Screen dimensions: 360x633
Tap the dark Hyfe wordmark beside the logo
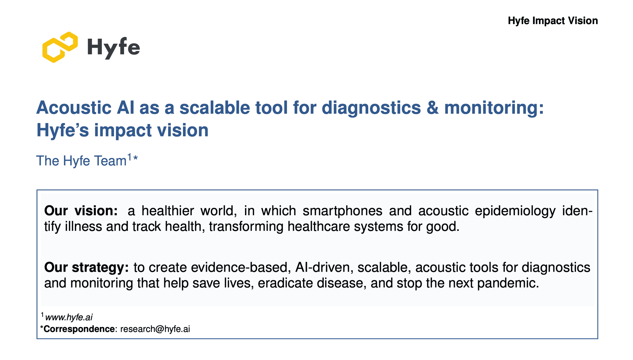click(113, 48)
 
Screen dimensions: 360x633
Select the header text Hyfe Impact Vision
click(553, 21)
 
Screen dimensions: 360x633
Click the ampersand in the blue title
click(433, 108)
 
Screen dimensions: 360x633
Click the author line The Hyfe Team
click(81, 161)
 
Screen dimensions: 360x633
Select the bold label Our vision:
click(81, 211)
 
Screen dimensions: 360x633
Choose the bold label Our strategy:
click(86, 267)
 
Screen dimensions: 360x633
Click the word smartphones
click(342, 211)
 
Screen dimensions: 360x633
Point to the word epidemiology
click(515, 211)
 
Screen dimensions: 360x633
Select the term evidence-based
click(241, 267)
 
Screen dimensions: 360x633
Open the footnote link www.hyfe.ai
click(69, 317)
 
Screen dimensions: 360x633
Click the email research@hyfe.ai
click(155, 329)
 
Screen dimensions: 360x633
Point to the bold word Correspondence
click(79, 329)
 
